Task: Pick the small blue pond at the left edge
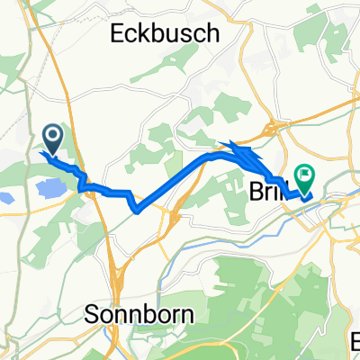coord(8,201)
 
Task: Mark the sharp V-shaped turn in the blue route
coord(136,211)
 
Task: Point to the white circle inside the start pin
coord(52,135)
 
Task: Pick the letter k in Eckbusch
coord(149,34)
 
